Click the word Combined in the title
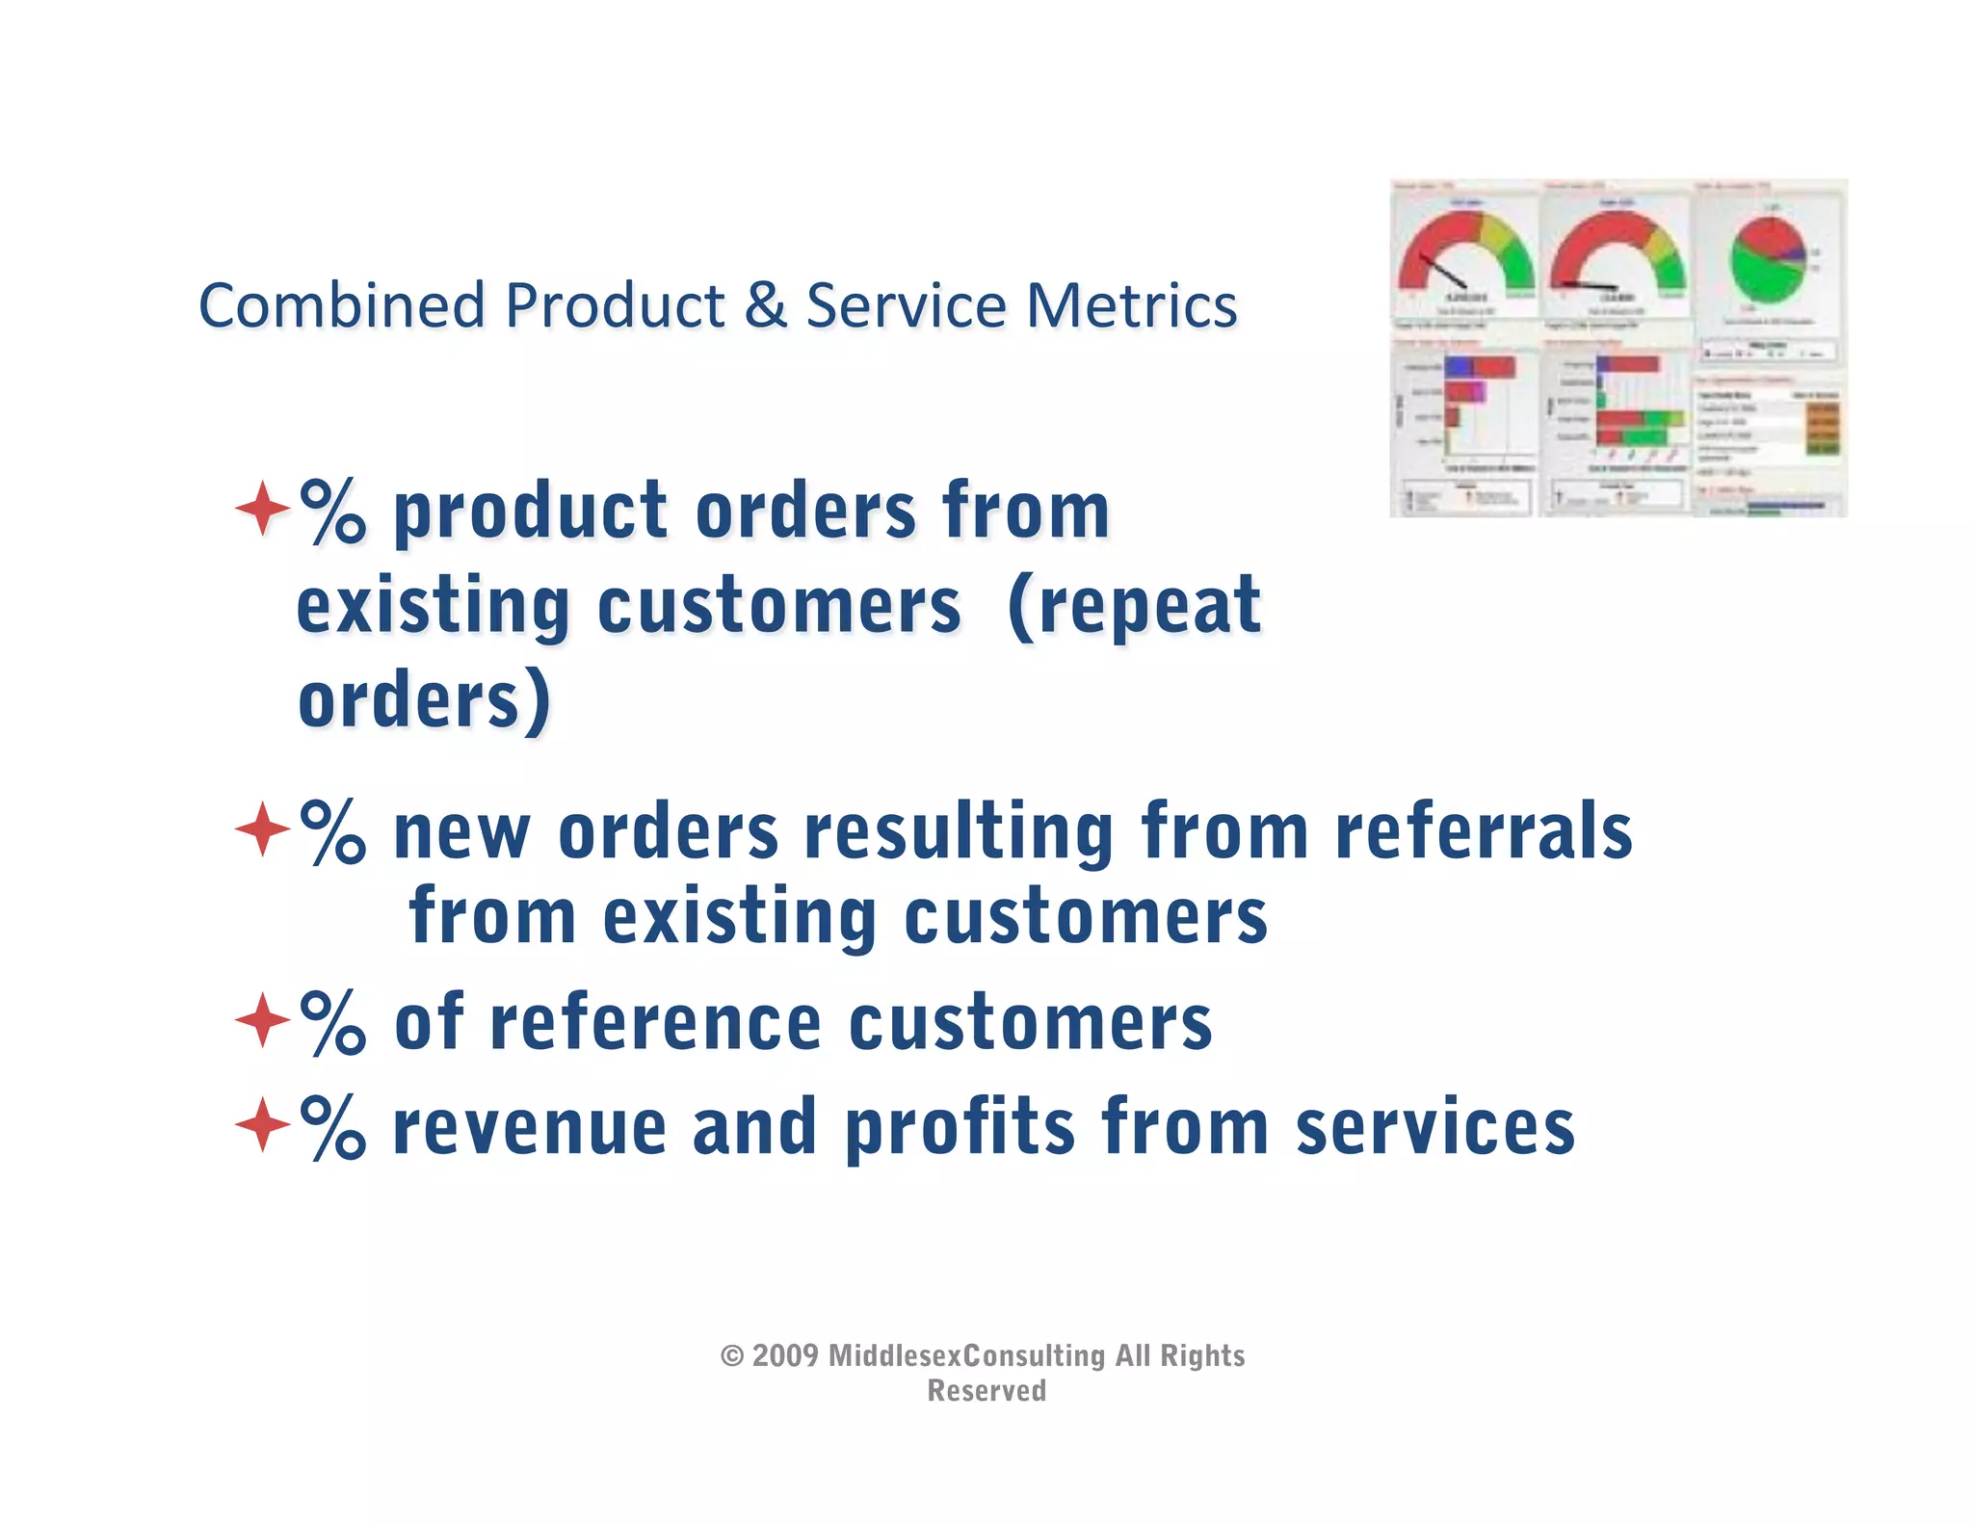pos(341,306)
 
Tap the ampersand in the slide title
pos(765,306)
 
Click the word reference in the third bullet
pos(655,1023)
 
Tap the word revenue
pos(530,1129)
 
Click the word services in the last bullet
pos(1435,1129)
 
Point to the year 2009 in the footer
pos(785,1355)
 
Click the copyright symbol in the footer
pos(732,1356)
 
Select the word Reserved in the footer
pos(986,1391)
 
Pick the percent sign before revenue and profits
pos(332,1126)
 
